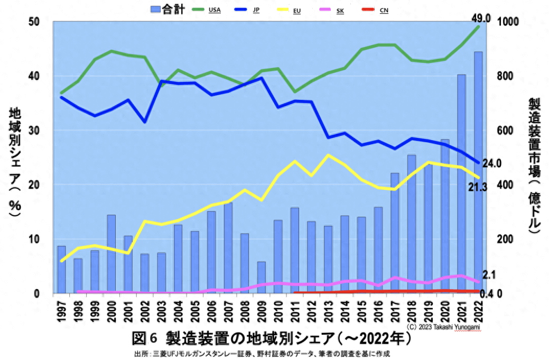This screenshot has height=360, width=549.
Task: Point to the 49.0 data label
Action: (481, 19)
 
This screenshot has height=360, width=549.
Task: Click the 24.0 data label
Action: (491, 163)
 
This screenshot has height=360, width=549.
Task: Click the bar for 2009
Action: (261, 278)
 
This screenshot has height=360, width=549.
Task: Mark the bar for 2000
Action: (111, 254)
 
